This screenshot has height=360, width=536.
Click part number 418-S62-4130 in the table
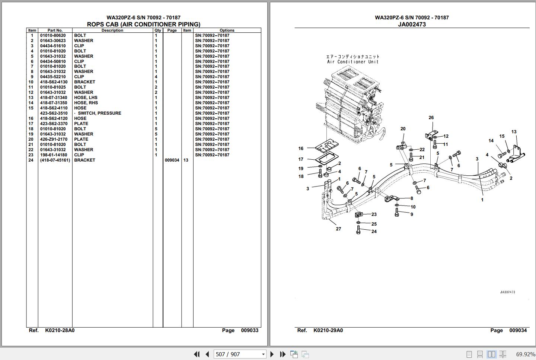click(54, 82)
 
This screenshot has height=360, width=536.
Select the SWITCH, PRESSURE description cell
click(99, 113)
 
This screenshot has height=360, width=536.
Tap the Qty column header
click(158, 31)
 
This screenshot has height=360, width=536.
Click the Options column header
click(227, 31)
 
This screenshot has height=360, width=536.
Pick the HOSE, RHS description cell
click(86, 103)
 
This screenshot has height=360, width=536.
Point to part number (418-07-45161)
click(55, 160)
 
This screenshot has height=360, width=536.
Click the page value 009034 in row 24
click(172, 160)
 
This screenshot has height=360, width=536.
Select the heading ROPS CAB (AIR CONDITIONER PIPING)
click(143, 24)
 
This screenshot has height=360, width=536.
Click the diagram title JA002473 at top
click(412, 24)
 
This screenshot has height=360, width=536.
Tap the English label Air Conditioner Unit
click(352, 62)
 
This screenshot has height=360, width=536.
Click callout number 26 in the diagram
click(431, 118)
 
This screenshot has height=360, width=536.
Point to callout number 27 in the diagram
click(338, 229)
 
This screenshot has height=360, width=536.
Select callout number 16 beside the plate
click(301, 149)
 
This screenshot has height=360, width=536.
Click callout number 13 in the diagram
click(514, 132)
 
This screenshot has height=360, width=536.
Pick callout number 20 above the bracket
click(403, 129)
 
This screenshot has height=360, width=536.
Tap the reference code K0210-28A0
click(60, 330)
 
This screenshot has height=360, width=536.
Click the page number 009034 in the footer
click(518, 330)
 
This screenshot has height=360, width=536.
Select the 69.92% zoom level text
click(525, 354)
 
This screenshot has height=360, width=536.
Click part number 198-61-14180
click(54, 155)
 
